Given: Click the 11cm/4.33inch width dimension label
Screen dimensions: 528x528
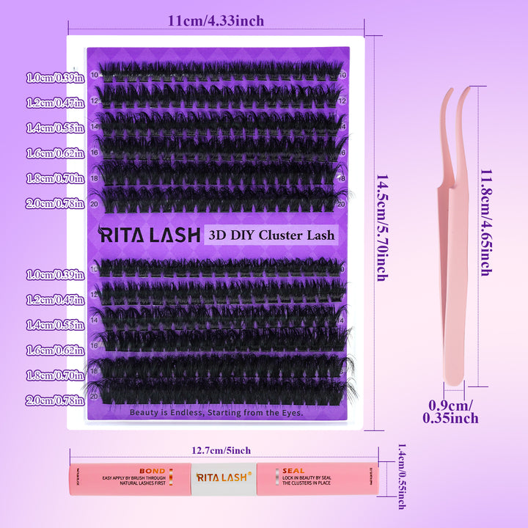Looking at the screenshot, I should [216, 21].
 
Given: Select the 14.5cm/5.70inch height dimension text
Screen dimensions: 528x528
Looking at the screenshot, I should [381, 227].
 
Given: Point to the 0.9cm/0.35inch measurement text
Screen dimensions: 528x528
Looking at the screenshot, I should [450, 411].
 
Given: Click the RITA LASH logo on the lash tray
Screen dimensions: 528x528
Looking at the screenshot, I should [149, 235].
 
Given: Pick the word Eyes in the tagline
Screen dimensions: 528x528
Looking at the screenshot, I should [290, 412].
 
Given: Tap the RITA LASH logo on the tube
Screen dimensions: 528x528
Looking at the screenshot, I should [223, 477].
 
